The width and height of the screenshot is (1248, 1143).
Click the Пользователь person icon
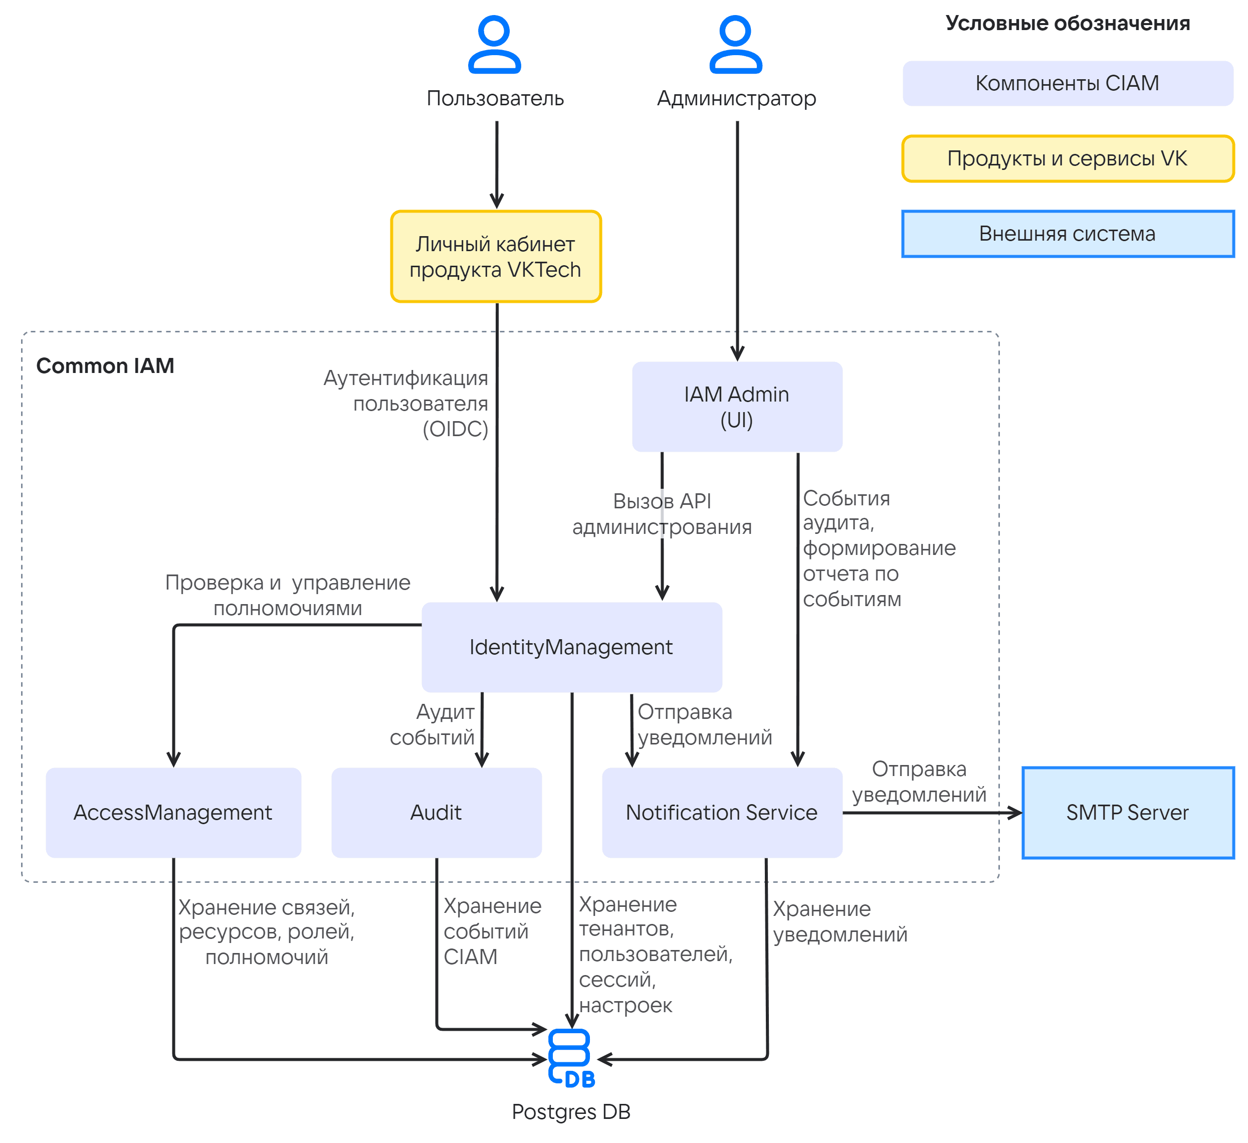495,45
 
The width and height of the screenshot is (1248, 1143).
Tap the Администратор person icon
735,45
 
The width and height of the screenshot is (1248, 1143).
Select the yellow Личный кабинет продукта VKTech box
496,256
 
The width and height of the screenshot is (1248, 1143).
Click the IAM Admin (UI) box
737,407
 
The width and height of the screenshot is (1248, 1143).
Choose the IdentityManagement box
571,647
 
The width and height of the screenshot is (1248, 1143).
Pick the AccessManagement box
173,812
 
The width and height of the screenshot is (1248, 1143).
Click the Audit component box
437,812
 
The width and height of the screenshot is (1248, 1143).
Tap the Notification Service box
722,812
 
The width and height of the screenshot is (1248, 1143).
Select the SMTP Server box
1128,812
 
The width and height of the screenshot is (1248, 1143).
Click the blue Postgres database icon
571,1058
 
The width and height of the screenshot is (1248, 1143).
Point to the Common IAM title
105,366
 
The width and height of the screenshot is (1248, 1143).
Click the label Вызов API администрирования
662,514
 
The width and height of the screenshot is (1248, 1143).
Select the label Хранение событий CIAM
493,931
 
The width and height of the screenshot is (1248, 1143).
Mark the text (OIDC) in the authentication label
456,429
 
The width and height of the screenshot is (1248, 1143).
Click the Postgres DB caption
571,1112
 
